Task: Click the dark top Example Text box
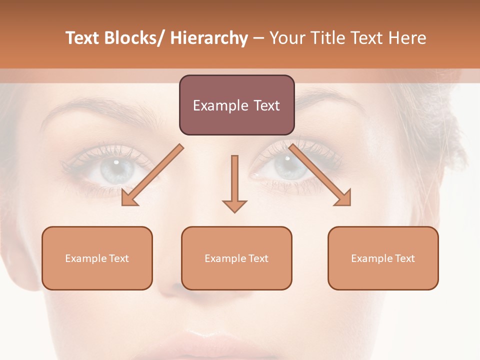(236, 105)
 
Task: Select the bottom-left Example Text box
(97, 258)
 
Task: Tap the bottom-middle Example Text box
(236, 258)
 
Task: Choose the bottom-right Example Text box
(383, 258)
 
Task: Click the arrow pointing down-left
(152, 175)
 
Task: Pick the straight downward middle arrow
(234, 182)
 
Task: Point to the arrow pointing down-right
(320, 175)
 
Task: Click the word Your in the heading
(287, 38)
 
